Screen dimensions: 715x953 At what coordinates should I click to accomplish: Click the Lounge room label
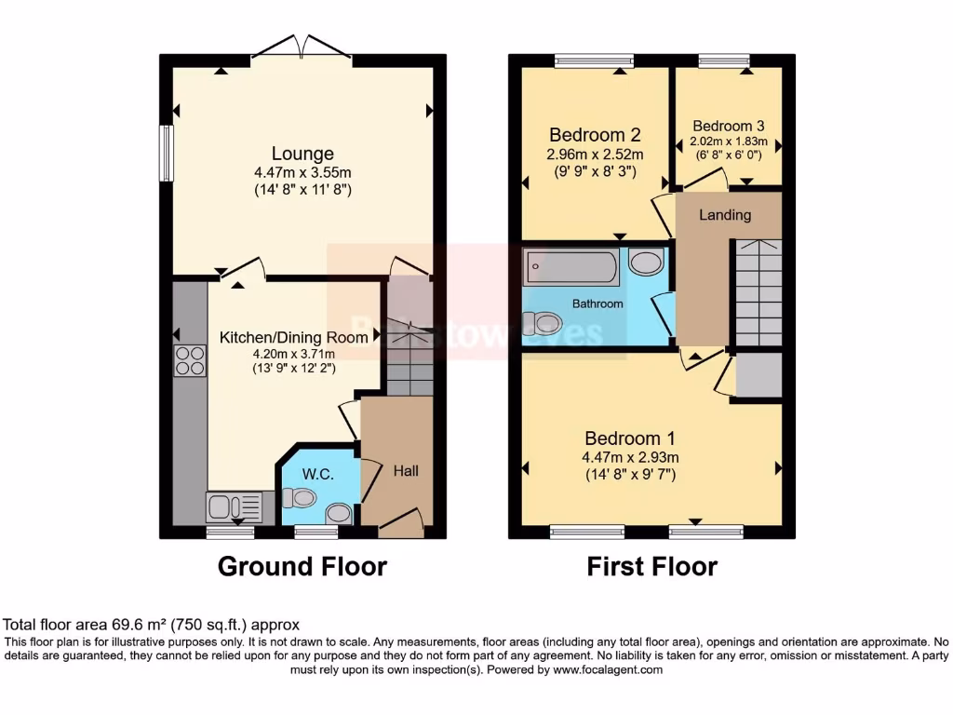(x=302, y=154)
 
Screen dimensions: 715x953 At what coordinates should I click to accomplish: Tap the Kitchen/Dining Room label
(x=293, y=337)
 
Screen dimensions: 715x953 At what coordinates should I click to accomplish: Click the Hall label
(x=406, y=471)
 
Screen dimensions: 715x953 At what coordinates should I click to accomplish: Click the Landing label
(x=725, y=215)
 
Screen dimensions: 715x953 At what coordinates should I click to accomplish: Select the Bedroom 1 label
(x=630, y=438)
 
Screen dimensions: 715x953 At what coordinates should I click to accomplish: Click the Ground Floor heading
(x=302, y=566)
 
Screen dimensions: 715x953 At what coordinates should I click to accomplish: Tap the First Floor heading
(x=652, y=566)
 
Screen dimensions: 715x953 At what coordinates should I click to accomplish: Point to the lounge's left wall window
(x=165, y=153)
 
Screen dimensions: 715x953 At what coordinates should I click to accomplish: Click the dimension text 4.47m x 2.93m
(x=630, y=457)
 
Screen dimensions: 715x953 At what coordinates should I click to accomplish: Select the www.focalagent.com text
(x=608, y=669)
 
